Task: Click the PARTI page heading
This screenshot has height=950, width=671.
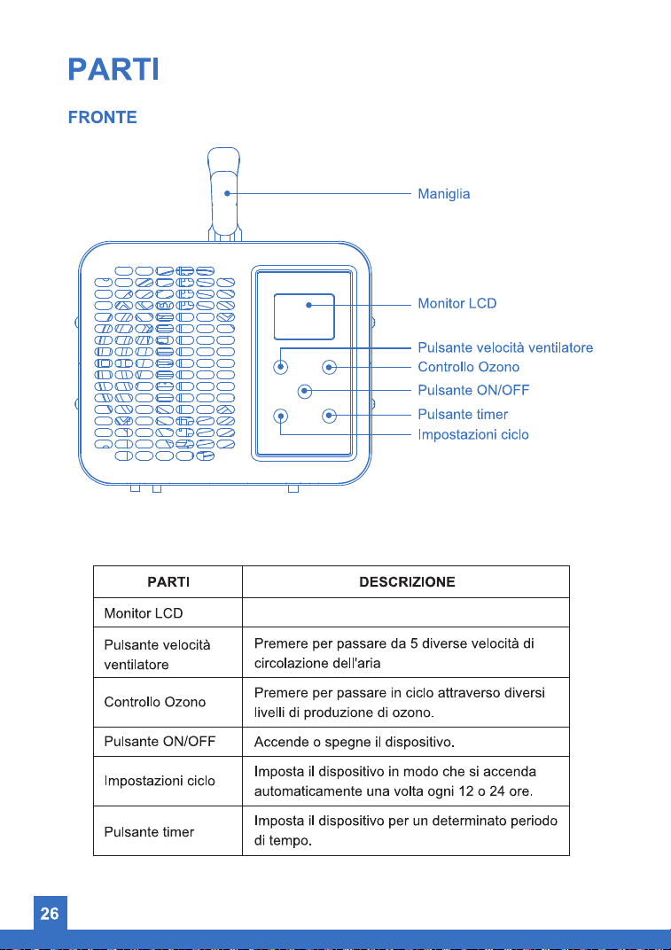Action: (113, 69)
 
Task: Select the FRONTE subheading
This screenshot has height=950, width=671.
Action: (103, 117)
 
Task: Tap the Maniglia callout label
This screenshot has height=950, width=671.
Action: (444, 194)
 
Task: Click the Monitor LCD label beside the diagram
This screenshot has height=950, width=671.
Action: (457, 303)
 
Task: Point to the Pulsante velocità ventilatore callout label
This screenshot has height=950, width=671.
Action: (505, 347)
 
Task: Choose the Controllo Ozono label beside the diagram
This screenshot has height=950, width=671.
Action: (469, 367)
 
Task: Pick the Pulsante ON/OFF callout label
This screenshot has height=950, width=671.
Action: (473, 390)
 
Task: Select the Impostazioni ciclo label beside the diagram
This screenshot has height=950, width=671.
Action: (473, 434)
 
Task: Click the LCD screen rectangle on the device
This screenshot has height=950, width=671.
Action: (304, 317)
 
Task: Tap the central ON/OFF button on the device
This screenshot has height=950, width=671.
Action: (305, 392)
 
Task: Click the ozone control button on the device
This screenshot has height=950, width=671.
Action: (329, 367)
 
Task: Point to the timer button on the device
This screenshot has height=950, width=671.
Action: (329, 416)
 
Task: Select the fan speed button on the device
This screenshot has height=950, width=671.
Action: (281, 367)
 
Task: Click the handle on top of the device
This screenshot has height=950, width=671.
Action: (224, 194)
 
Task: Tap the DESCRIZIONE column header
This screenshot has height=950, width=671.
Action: (407, 582)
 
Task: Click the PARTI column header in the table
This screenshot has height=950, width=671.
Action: (168, 582)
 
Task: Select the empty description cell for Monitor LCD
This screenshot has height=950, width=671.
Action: (405, 612)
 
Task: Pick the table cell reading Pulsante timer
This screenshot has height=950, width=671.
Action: (168, 830)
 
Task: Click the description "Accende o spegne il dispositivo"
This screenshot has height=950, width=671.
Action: (355, 743)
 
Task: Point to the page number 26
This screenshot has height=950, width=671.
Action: (50, 914)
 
